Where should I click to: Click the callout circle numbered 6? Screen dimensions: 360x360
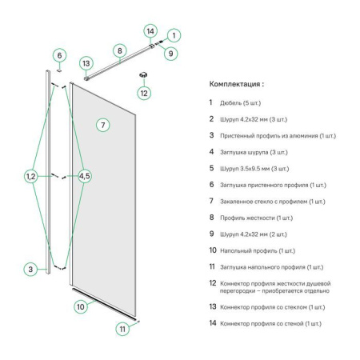(x=59, y=55)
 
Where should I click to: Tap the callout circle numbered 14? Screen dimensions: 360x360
(x=150, y=31)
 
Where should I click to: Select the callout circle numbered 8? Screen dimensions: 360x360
(x=119, y=50)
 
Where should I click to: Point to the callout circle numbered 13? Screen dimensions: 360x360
(x=86, y=63)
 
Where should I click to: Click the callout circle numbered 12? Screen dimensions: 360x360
(x=144, y=93)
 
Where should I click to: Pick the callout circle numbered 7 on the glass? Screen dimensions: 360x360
(x=103, y=125)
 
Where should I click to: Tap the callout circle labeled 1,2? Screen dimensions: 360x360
(x=31, y=176)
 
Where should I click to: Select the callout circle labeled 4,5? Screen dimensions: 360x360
(x=85, y=176)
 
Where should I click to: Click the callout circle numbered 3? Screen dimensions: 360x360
(x=30, y=269)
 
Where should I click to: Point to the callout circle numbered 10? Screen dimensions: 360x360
(x=81, y=307)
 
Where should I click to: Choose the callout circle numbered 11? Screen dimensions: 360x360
(x=122, y=329)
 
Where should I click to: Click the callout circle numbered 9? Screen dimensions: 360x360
(x=170, y=54)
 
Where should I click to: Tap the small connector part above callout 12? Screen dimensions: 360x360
(x=143, y=75)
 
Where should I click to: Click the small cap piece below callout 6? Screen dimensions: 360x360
(x=59, y=70)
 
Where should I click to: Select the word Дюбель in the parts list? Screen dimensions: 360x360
(x=230, y=103)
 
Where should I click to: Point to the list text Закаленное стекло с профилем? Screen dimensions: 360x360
(x=264, y=202)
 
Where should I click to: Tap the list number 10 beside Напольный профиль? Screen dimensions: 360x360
(x=213, y=250)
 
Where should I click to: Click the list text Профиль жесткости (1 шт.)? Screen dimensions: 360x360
(x=256, y=218)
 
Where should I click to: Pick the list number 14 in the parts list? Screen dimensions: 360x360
(x=213, y=323)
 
